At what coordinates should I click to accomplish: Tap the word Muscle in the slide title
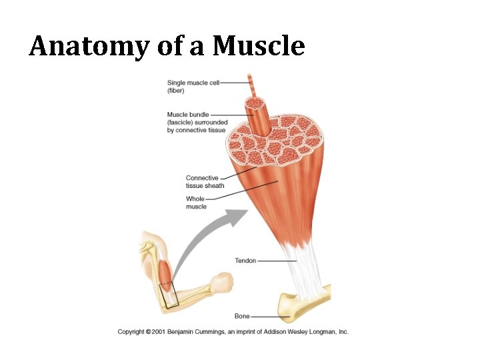pyautogui.click(x=259, y=46)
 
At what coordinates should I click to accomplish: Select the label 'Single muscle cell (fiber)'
pyautogui.click(x=193, y=86)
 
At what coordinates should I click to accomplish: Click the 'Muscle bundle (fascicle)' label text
pyautogui.click(x=197, y=122)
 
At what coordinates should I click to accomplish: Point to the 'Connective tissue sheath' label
pyautogui.click(x=205, y=181)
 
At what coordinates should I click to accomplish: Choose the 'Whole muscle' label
pyautogui.click(x=195, y=203)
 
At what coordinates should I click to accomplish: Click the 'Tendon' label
pyautogui.click(x=245, y=261)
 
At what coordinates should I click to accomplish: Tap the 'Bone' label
pyautogui.click(x=242, y=316)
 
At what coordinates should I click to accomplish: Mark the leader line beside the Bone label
pyautogui.click(x=267, y=316)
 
